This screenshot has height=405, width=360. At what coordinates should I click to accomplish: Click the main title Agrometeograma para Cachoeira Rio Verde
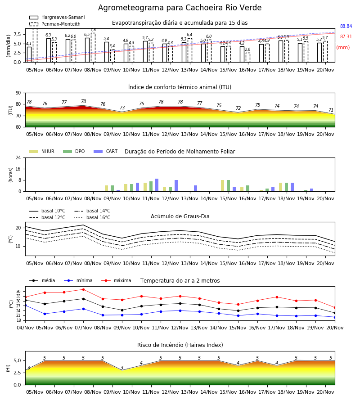(x=180, y=8)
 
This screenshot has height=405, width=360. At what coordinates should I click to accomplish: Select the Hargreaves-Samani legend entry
(x=57, y=17)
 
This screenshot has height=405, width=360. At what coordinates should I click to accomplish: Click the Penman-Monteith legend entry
(x=55, y=24)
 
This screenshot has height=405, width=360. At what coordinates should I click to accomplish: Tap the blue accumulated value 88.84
(x=346, y=27)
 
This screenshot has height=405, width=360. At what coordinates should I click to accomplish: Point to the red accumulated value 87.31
(x=346, y=37)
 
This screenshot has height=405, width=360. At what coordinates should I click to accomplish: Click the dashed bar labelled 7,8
(x=93, y=48)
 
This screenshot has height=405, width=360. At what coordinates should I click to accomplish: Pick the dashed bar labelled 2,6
(x=248, y=57)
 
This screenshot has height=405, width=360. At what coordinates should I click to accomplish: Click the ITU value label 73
(x=122, y=108)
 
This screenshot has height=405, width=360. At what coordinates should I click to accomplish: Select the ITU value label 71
(x=331, y=110)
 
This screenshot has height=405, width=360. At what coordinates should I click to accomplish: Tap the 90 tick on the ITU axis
(x=18, y=93)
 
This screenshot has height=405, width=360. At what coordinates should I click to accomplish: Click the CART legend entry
(x=106, y=151)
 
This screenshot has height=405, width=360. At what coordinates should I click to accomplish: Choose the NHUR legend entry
(x=42, y=151)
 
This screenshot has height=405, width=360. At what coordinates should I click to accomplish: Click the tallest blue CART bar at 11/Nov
(x=157, y=185)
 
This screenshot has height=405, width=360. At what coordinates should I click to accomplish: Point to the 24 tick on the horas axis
(x=18, y=157)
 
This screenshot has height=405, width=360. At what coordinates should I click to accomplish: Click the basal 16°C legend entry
(x=92, y=217)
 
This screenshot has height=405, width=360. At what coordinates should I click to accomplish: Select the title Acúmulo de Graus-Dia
(x=180, y=216)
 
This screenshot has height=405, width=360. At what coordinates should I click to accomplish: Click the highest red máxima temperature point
(x=83, y=289)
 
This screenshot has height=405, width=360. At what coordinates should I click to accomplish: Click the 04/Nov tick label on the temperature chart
(x=25, y=328)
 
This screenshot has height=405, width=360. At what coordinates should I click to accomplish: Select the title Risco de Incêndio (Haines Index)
(x=180, y=345)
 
